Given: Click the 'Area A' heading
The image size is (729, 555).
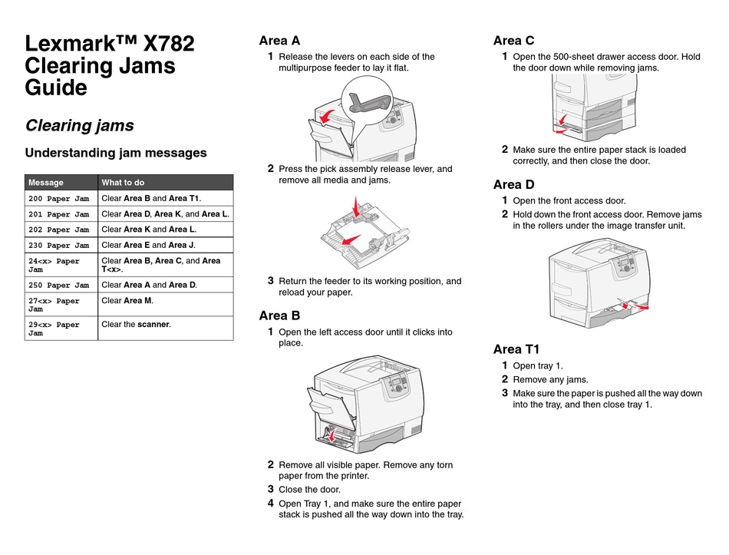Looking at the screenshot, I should click(x=279, y=41).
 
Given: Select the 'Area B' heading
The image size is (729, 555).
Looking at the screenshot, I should click(x=279, y=315).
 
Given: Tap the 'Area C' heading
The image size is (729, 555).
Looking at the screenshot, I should click(x=513, y=41).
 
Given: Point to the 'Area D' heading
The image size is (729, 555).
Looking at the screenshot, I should click(x=513, y=184).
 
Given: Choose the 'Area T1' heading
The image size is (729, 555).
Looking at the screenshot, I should click(x=516, y=349).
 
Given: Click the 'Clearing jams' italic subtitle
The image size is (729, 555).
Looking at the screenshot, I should click(x=80, y=125).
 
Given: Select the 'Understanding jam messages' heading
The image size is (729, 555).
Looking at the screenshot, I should click(x=116, y=153).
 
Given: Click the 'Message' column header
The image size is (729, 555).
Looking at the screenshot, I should click(x=46, y=183).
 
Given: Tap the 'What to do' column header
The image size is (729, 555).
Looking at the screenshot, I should click(x=123, y=183).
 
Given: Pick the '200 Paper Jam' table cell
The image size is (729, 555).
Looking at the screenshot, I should click(x=59, y=200).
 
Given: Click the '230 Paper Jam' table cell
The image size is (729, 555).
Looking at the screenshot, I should click(x=59, y=246).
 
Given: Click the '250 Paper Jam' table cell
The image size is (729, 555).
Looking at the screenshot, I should click(x=59, y=286).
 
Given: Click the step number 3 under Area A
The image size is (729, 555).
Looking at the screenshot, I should click(x=271, y=281).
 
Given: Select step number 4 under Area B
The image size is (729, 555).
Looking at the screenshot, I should click(x=271, y=504).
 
